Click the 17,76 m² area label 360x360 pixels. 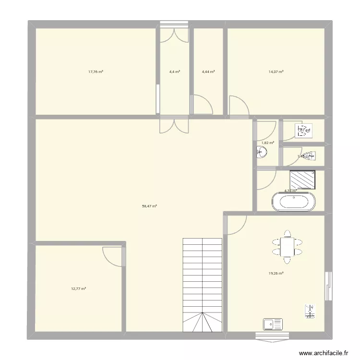(96, 72)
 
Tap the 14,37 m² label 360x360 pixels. (276, 72)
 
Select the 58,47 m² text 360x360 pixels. (149, 206)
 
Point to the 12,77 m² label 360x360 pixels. (78, 288)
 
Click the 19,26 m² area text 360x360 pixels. (276, 274)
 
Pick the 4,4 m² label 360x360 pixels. (174, 72)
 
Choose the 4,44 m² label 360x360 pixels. (208, 72)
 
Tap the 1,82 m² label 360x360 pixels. (268, 143)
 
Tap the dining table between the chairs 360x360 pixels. (287, 247)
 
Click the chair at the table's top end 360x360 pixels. (287, 234)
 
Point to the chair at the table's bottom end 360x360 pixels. (287, 261)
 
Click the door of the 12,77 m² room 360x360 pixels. (114, 255)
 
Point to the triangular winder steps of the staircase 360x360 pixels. (202, 322)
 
